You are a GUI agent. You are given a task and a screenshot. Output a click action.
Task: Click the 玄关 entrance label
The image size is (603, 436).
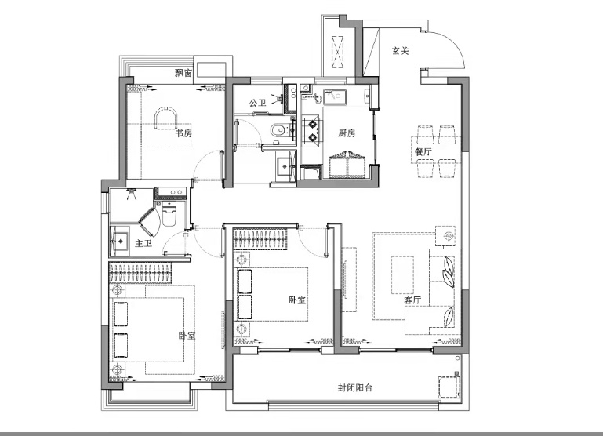tap(400, 51)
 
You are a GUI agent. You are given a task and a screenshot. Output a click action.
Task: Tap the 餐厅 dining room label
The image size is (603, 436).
tap(423, 152)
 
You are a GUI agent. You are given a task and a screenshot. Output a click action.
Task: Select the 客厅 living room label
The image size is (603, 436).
tap(412, 300)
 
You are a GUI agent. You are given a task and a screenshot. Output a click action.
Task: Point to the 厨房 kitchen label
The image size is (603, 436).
tap(347, 133)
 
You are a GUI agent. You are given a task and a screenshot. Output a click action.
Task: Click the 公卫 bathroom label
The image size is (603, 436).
tap(258, 103)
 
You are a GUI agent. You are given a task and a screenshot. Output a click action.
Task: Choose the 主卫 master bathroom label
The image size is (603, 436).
tap(143, 243)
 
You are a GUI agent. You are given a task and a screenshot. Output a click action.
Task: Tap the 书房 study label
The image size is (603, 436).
tap(183, 133)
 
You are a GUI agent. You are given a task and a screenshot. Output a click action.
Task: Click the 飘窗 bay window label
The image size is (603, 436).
tap(183, 73)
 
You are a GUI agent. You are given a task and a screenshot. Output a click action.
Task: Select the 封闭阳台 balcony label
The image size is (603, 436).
tap(354, 387)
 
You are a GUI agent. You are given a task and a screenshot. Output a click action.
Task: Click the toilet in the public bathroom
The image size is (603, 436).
tap(278, 131)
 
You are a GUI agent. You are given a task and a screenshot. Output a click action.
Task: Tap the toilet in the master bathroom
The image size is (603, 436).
tap(169, 213)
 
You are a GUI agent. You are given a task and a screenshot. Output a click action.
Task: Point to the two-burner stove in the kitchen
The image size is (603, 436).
tap(312, 131)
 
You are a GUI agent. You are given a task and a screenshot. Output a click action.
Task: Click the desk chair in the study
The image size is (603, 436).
tap(165, 118)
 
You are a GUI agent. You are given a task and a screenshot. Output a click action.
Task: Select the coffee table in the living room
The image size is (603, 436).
tap(402, 275)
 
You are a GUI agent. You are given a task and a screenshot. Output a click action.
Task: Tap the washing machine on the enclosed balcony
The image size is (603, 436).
tap(449, 387)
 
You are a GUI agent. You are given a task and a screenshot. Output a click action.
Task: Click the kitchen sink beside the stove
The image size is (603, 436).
tap(335, 97)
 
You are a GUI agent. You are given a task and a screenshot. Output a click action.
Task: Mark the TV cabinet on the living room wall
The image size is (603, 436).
tap(350, 279)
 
